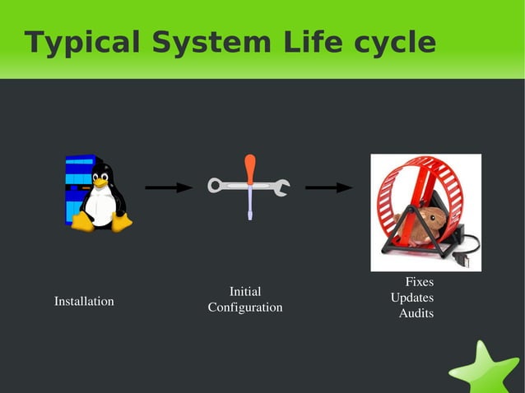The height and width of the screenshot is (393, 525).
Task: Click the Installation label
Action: click(84, 302)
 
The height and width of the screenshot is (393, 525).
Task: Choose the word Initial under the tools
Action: click(245, 291)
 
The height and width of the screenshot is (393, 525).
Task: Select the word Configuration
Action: click(245, 307)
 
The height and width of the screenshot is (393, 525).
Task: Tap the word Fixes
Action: click(419, 283)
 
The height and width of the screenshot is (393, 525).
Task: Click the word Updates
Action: click(412, 298)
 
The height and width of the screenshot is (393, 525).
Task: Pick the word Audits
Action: click(416, 313)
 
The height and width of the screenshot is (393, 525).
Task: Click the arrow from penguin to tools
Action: click(169, 187)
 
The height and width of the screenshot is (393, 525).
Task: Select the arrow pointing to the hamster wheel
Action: click(329, 187)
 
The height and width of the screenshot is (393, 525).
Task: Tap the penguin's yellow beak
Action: click(101, 183)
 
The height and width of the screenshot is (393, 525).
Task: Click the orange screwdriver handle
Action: click(250, 169)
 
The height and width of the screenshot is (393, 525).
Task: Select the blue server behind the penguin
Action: click(78, 185)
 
